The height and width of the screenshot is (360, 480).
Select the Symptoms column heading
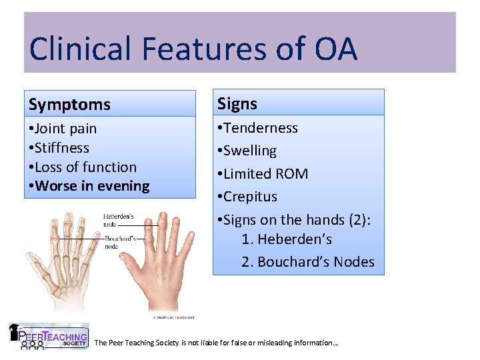pos(70,105)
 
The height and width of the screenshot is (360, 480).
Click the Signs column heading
pos(237,103)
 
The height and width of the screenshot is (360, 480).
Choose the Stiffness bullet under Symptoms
pos(59,147)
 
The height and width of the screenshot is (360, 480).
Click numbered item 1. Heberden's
pos(287,239)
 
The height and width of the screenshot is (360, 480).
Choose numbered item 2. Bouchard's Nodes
pos(307,262)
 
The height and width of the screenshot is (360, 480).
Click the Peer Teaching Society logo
pos(48,337)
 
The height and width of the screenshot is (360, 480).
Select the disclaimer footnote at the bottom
pos(217,343)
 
